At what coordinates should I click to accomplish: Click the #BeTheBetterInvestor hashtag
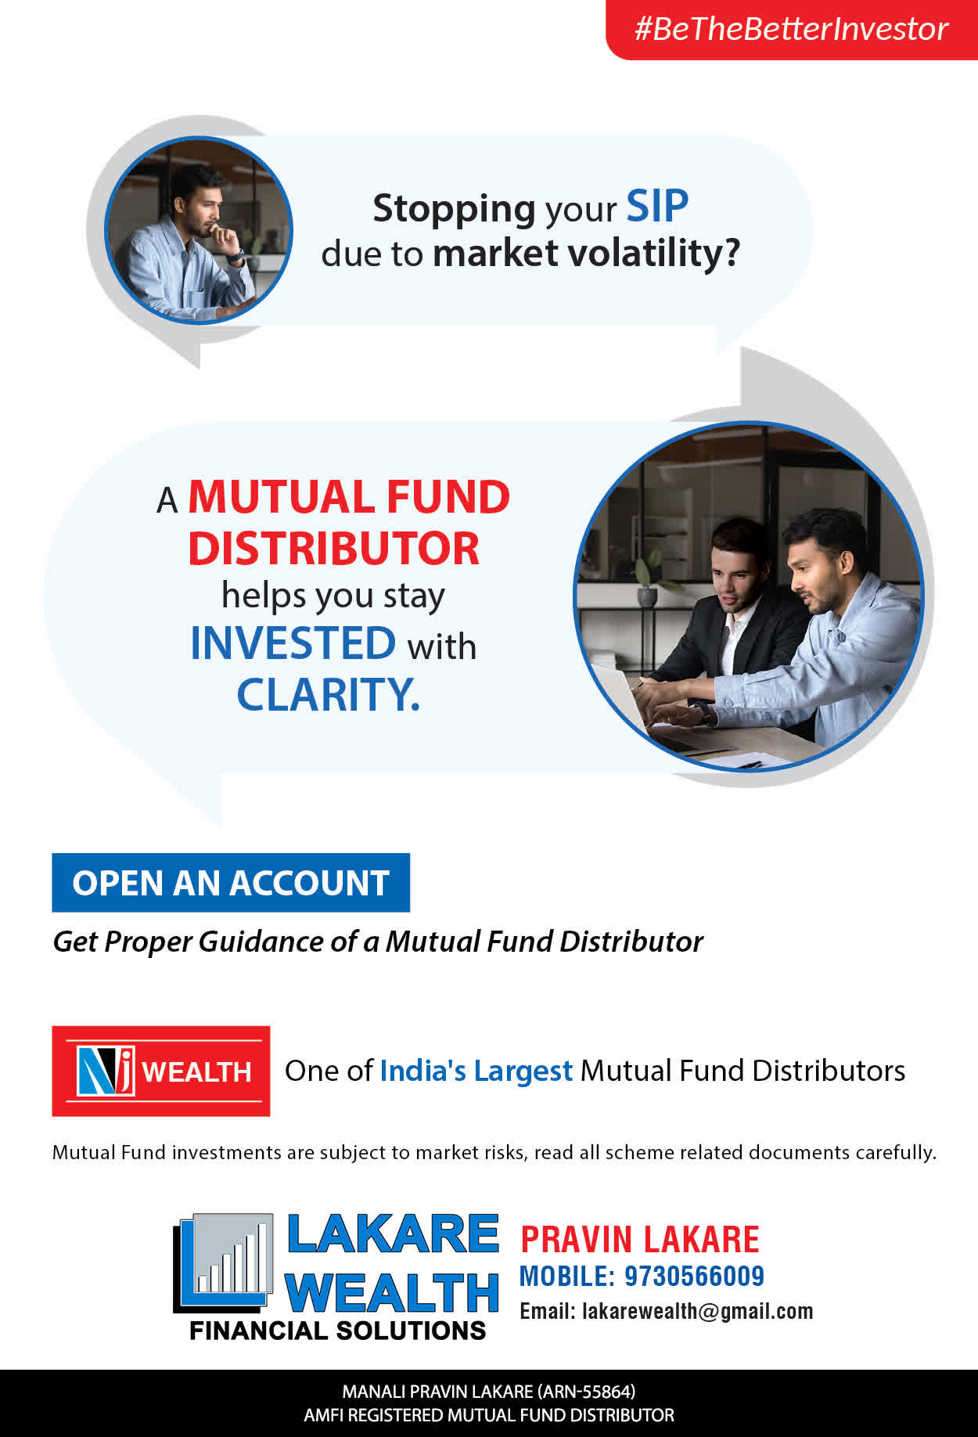point(791,29)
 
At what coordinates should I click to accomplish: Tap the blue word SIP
point(657,207)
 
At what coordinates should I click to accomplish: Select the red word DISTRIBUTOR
point(333,548)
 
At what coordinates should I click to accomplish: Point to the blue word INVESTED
point(293,643)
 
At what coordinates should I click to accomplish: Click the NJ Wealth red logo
point(161,1071)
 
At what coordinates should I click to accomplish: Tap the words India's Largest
point(476,1071)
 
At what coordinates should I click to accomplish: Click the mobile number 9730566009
point(694,1276)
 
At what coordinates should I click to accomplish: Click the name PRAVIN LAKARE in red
point(640,1240)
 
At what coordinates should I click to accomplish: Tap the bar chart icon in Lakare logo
point(225,1261)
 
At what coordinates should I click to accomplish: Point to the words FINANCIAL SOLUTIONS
point(338,1331)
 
